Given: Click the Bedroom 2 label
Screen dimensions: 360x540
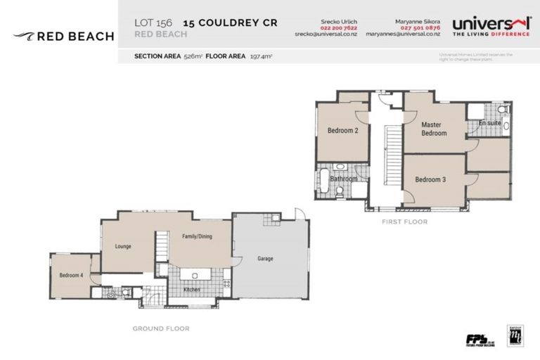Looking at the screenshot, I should [x=342, y=130].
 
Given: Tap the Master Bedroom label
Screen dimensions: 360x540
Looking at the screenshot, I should [x=433, y=129].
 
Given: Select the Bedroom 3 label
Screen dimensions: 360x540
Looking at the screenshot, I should [x=430, y=180].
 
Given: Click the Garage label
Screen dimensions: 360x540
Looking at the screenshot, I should [x=265, y=259].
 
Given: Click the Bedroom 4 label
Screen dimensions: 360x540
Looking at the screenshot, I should [x=71, y=275].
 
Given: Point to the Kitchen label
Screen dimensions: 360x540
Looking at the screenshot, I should [x=192, y=290].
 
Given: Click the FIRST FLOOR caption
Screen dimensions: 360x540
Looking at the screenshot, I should [x=404, y=221].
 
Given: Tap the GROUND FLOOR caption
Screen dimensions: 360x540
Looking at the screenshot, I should [x=161, y=328].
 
